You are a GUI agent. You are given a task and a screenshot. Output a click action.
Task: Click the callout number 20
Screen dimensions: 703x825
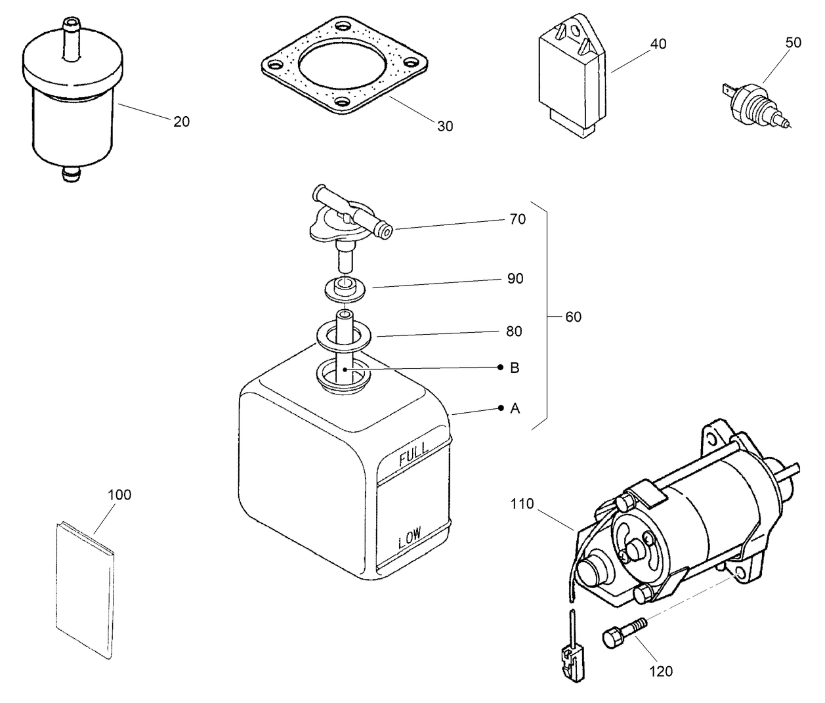pyautogui.click(x=182, y=121)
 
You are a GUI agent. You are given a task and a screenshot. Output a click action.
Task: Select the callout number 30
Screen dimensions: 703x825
pyautogui.click(x=445, y=126)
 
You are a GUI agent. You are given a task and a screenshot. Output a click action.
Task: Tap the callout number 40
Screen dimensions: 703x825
pyautogui.click(x=658, y=44)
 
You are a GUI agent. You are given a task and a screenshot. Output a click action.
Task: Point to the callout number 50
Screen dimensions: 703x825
pyautogui.click(x=793, y=43)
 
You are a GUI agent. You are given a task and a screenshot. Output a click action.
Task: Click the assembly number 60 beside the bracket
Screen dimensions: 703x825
pyautogui.click(x=573, y=317)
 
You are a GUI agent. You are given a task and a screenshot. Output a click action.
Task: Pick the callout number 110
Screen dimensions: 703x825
pyautogui.click(x=522, y=504)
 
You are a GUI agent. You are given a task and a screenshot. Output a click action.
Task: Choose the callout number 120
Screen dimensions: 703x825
pyautogui.click(x=660, y=671)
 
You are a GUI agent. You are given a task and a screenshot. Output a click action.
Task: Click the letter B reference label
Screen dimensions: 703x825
pyautogui.click(x=515, y=368)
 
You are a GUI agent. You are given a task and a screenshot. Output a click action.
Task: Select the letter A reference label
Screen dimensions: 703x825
pyautogui.click(x=515, y=408)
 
